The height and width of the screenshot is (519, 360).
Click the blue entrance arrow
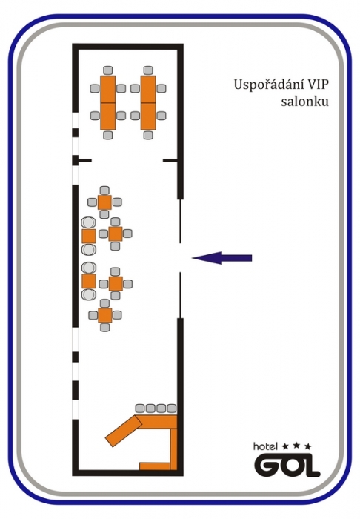tap(221, 258)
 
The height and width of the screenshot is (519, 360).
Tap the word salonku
tap(304, 101)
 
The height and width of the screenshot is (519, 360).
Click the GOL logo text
tap(287, 465)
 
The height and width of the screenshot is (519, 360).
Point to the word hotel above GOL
tap(265, 446)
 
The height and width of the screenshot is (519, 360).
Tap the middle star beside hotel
tap(296, 446)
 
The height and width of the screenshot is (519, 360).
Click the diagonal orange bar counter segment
tap(123, 431)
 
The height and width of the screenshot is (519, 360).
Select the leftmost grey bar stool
tap(140, 408)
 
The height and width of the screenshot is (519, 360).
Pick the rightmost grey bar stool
tap(172, 408)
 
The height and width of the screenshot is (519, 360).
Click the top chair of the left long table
tap(107, 70)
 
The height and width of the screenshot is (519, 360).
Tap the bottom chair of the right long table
tap(148, 135)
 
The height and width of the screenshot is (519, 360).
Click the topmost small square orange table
tap(104, 202)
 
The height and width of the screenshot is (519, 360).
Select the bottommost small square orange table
tap(104, 315)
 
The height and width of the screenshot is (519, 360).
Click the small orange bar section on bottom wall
tap(154, 466)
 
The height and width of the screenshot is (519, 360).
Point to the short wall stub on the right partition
tap(170, 161)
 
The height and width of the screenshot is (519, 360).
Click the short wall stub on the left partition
tap(84, 161)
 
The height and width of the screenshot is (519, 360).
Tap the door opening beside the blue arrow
tap(180, 258)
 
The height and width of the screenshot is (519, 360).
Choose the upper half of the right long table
tap(148, 89)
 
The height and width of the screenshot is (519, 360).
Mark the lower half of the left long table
tap(108, 116)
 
